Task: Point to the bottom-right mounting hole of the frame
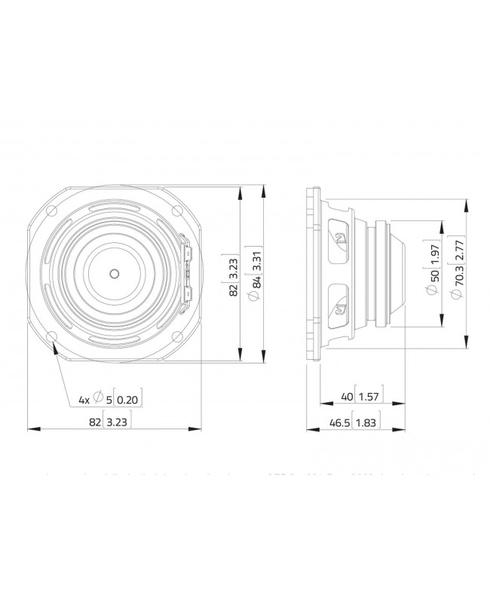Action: coord(177,336)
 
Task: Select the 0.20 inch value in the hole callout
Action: coord(130,400)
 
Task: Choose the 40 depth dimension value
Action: coord(348,396)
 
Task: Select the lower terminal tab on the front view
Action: coord(188,296)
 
